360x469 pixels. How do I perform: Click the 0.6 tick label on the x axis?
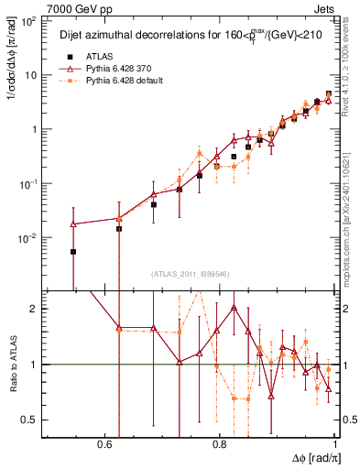pos(103,444)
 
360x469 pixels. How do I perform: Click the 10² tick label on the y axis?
pos(27,21)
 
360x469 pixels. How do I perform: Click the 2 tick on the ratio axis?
pos(34,309)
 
